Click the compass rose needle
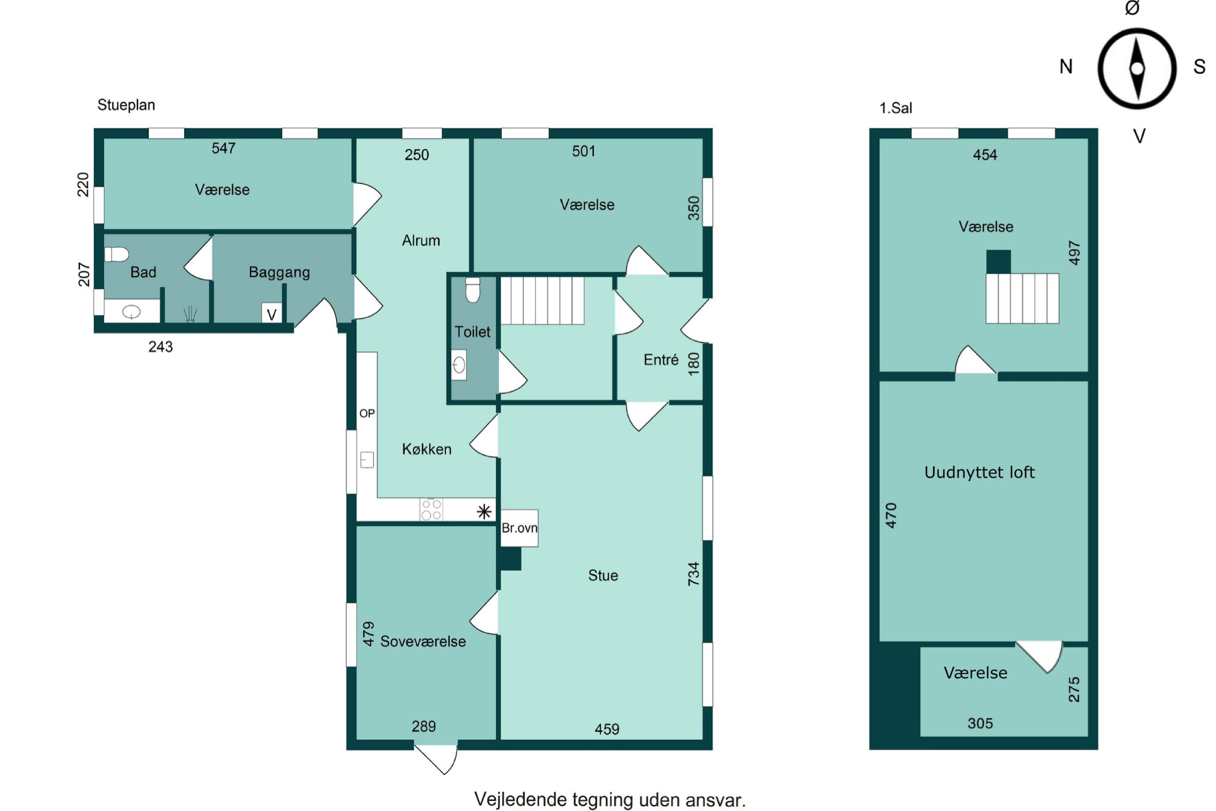point(1137,68)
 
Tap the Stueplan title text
point(126,105)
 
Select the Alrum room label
point(421,240)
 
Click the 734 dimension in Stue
point(693,574)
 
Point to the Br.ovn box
point(519,528)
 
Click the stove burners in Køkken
point(431,509)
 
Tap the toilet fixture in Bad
point(116,255)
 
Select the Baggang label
point(279,272)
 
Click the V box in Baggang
point(272,313)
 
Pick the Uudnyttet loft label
point(979,472)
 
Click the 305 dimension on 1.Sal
point(980,723)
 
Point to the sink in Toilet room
point(458,365)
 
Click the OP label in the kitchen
point(367,413)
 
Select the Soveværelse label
point(423,642)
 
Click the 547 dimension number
point(223,148)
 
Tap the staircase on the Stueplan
point(542,300)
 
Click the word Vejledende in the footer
point(520,800)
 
